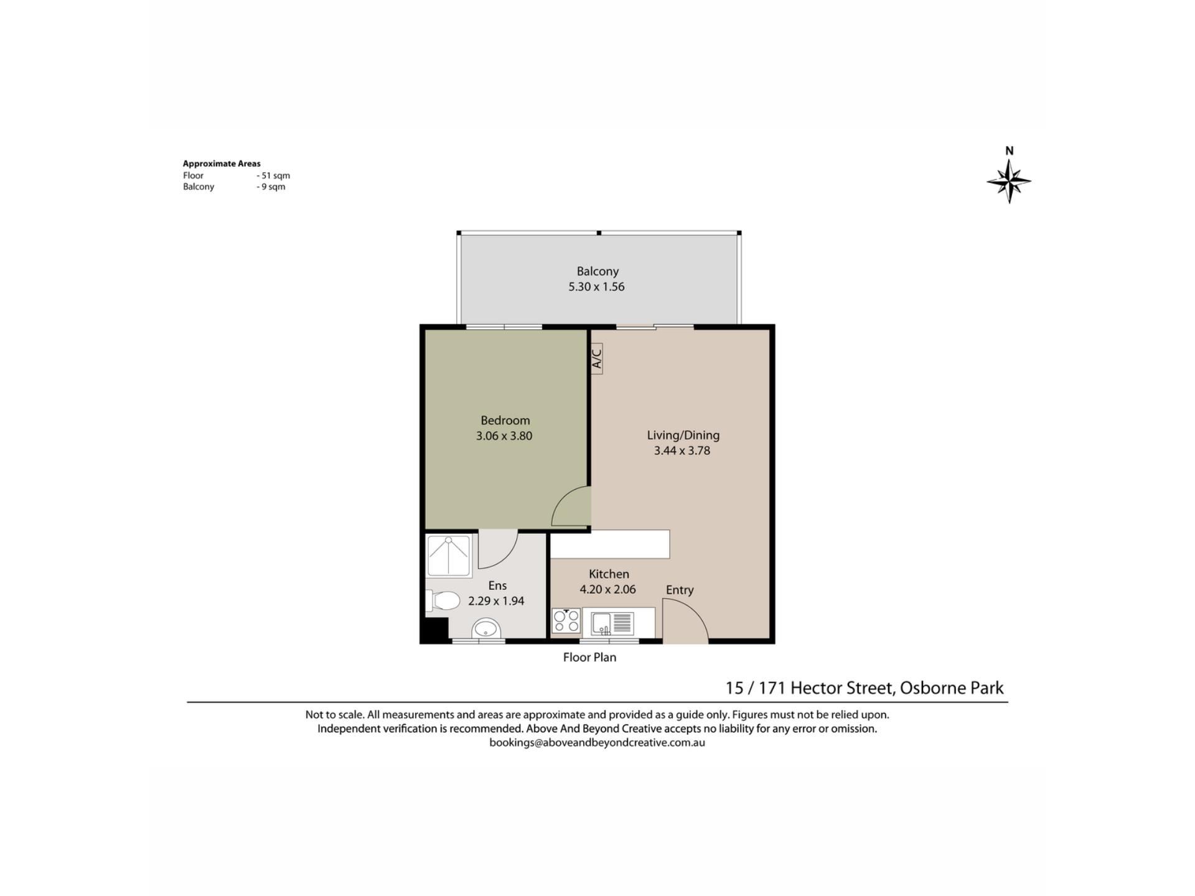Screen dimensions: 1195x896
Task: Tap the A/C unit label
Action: pos(596,358)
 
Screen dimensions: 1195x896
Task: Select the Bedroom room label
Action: pos(505,421)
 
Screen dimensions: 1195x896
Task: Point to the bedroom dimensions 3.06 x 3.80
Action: pos(504,436)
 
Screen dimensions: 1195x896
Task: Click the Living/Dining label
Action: pos(683,436)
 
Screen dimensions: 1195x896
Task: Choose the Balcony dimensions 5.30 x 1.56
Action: pos(596,287)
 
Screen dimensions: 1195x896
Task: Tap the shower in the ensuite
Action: pos(448,556)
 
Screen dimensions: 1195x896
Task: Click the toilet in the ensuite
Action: pos(443,601)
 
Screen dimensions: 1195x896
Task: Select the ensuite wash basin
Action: pos(486,628)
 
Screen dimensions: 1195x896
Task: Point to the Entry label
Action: pos(680,590)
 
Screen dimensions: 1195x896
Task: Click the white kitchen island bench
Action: pos(610,544)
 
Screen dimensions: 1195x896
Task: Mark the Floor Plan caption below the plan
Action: pos(589,657)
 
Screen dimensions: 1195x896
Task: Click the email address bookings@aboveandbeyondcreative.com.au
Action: pos(597,742)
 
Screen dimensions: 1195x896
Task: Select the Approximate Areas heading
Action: pos(222,164)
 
